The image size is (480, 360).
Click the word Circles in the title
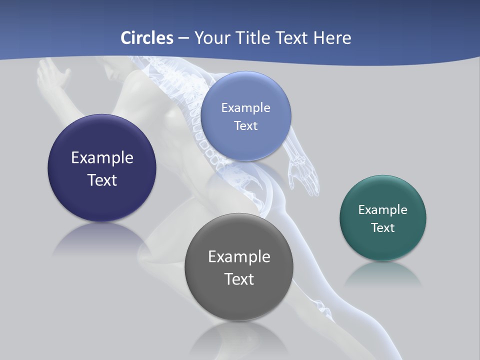click(x=147, y=38)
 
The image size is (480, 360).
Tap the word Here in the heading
click(x=332, y=38)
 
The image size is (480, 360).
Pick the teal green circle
click(x=383, y=245)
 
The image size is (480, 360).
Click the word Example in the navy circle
click(x=102, y=158)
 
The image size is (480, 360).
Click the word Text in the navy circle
click(x=102, y=180)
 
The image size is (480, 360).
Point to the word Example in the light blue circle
click(x=245, y=108)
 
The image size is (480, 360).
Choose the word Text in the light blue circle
click(x=245, y=126)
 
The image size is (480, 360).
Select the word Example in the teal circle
click(x=383, y=210)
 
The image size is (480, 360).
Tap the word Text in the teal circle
click(x=383, y=228)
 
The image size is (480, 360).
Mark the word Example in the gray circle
click(x=239, y=257)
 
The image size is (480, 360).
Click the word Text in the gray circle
click(x=239, y=279)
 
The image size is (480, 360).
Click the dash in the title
click(x=183, y=38)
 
